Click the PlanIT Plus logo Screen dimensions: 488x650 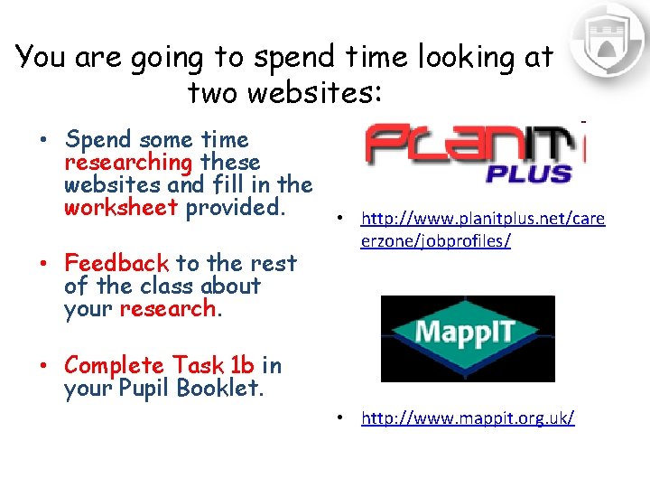pos(473,154)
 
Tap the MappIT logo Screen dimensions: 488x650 pos(467,337)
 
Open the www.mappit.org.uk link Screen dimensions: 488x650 pos(467,418)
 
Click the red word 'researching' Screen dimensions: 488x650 pos(128,163)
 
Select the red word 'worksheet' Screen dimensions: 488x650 pos(121,208)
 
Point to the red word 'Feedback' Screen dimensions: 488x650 pos(116,263)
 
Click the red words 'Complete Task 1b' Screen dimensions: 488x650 pos(159,366)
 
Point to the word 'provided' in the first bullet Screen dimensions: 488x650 pos(236,208)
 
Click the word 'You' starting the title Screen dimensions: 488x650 pos(41,57)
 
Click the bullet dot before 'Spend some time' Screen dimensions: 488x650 pos(43,141)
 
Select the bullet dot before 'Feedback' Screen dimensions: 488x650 pos(43,264)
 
